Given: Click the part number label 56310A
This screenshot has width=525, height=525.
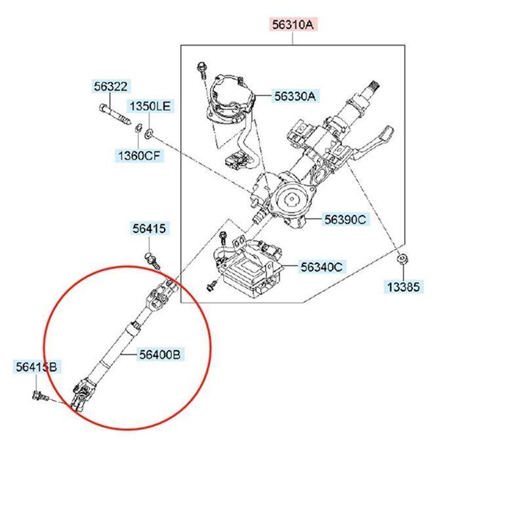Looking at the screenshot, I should [294, 26].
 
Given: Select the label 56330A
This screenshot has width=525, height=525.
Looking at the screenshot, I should [294, 96].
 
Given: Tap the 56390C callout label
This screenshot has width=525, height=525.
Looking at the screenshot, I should [345, 220].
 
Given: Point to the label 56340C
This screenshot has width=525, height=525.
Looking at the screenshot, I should [322, 267].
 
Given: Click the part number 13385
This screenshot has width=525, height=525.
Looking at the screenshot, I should [404, 287].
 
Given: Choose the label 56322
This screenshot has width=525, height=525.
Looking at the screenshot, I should [112, 86].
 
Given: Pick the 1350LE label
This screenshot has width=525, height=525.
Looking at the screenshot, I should [149, 106].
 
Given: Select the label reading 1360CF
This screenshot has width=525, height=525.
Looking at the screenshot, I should [138, 156].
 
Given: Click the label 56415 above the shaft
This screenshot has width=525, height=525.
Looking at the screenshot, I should [150, 228].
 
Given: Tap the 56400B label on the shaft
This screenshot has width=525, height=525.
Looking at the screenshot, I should [159, 355].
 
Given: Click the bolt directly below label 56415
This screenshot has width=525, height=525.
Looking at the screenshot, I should [153, 259].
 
